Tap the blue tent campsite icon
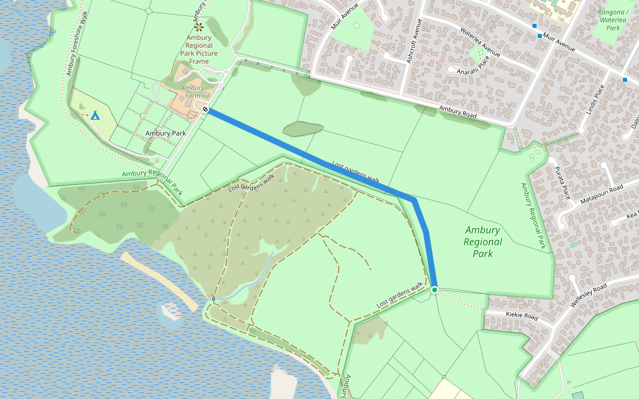click(95, 115)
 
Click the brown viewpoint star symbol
click(200, 27)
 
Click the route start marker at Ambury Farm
click(206, 110)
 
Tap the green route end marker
click(435, 290)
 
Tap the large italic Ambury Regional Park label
click(483, 242)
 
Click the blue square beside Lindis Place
click(624, 80)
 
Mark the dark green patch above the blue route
click(302, 128)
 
